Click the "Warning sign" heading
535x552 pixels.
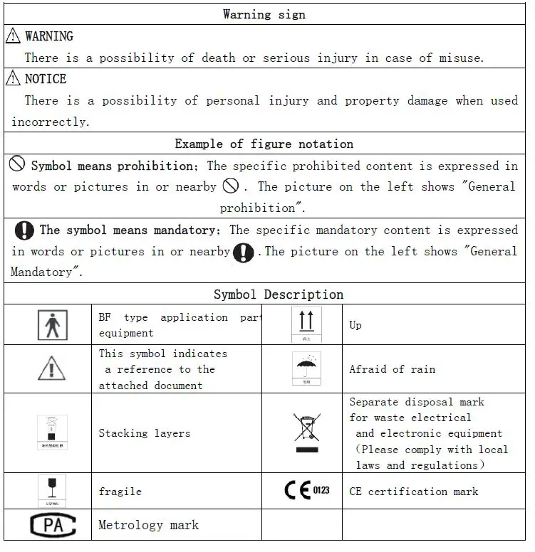tap(264, 14)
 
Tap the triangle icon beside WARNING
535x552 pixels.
tap(14, 36)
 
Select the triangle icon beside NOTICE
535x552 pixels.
tap(14, 78)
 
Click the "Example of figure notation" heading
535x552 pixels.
tap(264, 144)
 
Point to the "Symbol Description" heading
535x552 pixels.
tap(279, 294)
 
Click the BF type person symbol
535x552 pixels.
tap(52, 326)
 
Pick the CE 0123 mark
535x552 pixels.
tap(307, 490)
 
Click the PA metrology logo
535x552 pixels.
tap(52, 526)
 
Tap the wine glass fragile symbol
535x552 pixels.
tap(51, 491)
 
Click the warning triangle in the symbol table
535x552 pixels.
tap(51, 368)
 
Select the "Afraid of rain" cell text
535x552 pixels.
tap(392, 369)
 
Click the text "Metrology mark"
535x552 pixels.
tap(148, 526)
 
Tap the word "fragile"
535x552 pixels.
tap(120, 492)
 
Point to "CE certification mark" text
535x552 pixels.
tap(413, 492)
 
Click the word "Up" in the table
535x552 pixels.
tap(355, 325)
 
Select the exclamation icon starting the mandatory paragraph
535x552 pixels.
tap(24, 230)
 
